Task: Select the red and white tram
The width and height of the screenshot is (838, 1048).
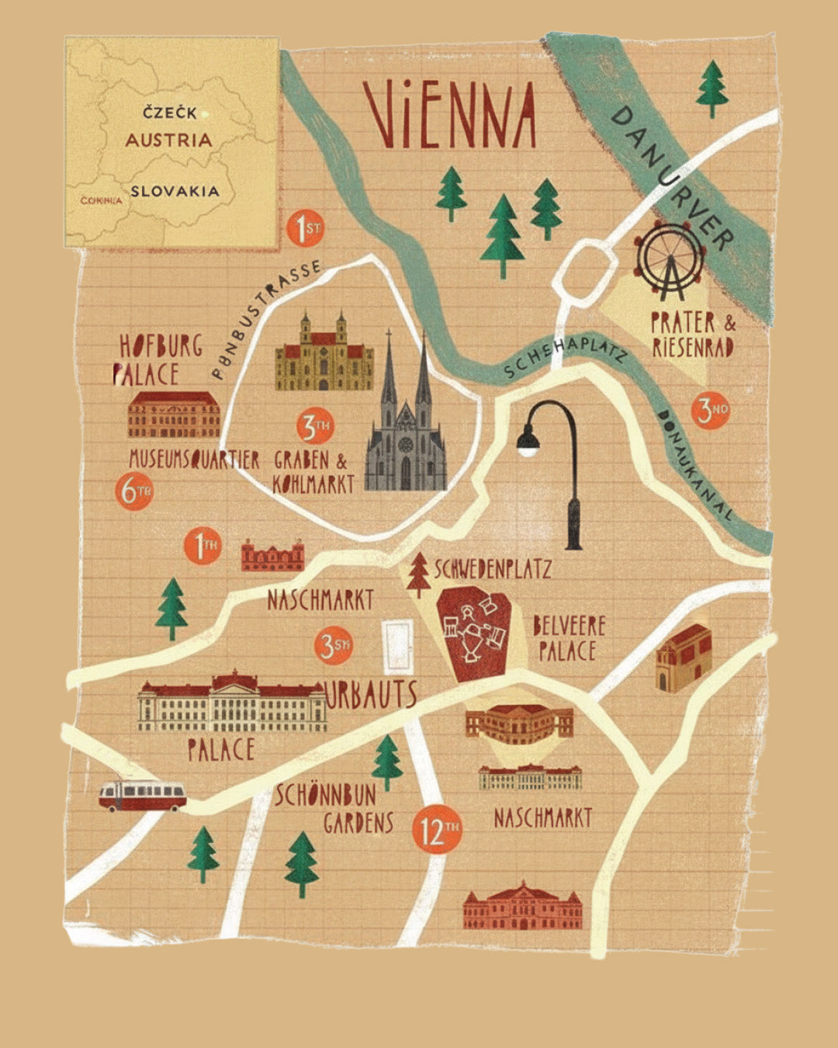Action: coord(142,796)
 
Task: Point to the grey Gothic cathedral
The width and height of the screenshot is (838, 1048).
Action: coord(406,427)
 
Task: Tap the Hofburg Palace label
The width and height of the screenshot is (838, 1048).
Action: coord(159,359)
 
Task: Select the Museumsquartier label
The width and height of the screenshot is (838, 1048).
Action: coord(194,460)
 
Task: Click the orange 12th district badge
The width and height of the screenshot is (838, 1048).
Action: coord(438,831)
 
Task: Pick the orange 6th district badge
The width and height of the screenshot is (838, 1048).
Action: coord(134,491)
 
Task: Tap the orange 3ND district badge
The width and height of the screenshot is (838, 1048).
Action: coord(711,410)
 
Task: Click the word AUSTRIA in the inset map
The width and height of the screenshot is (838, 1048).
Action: coord(168,141)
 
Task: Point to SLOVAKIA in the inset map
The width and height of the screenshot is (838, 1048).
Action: coord(175,191)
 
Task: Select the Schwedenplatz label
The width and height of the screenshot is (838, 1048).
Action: coord(493,569)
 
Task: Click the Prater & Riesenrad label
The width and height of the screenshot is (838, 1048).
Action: coord(693,335)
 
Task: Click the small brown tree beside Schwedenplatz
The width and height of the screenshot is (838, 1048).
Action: coord(419,574)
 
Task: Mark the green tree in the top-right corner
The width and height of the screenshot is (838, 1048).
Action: coord(712,88)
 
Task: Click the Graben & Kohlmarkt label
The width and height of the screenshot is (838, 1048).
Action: coord(313,472)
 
